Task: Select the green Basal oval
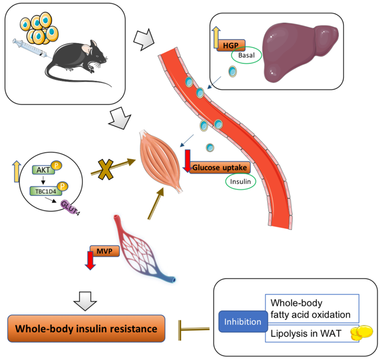tap(245, 57)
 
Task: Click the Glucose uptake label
tap(220, 167)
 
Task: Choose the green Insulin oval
tap(240, 182)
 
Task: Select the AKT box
tap(42, 170)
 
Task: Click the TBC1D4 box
tap(46, 191)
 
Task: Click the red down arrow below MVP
tap(90, 260)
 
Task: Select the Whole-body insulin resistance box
tap(86, 329)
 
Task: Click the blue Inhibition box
tap(242, 321)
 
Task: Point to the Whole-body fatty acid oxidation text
tap(311, 309)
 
